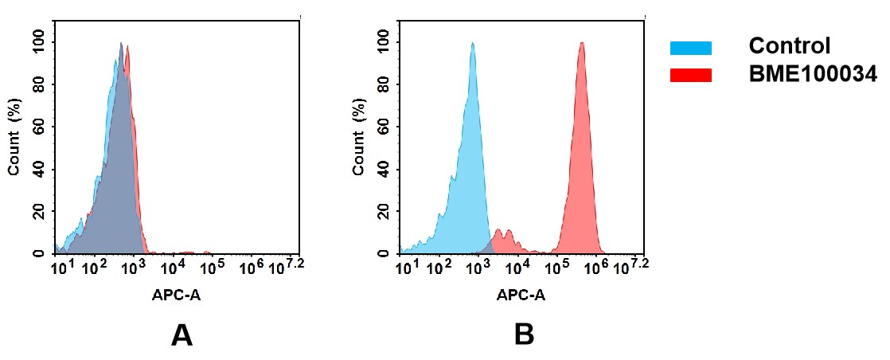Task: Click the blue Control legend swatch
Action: coord(690,48)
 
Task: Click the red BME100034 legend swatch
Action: coord(690,75)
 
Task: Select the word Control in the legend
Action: coord(789,46)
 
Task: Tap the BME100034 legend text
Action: coord(812,74)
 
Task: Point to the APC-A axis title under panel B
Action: coord(521,295)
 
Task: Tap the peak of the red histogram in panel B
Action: coord(582,45)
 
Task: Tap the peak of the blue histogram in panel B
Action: coord(472,45)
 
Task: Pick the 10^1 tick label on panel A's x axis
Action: coord(61,267)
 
